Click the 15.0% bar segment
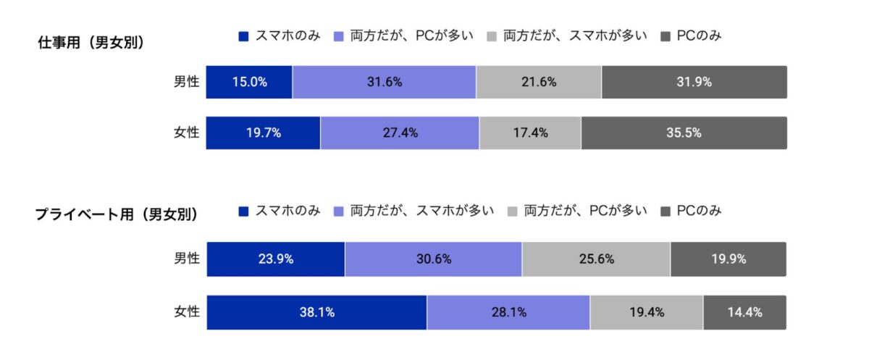249,82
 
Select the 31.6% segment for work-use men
384,82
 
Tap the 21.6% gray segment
539,82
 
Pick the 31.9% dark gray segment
694,82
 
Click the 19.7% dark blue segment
263,133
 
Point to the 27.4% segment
400,133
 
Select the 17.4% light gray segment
530,133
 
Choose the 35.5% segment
684,133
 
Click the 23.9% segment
275,259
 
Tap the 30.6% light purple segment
433,259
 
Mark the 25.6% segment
596,259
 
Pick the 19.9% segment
729,259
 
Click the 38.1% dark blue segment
316,312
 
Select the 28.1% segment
508,312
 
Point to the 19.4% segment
646,312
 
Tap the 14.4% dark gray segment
744,312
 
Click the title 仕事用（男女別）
91,42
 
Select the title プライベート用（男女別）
117,214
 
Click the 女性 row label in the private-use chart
186,312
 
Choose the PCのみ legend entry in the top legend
692,35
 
